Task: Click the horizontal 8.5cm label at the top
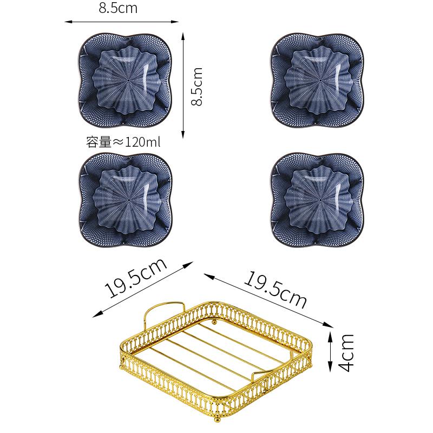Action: [117, 9]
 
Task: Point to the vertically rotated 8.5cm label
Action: [198, 87]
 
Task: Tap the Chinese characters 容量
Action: [98, 143]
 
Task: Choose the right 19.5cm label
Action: [274, 288]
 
